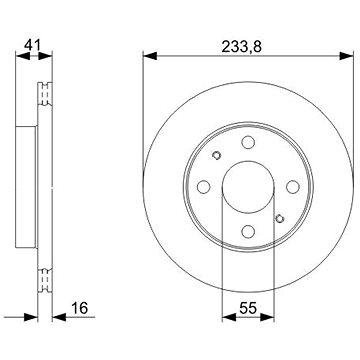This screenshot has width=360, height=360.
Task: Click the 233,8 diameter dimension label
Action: (242, 47)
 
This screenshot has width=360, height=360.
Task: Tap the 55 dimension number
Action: (248, 308)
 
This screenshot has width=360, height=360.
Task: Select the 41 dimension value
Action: (33, 45)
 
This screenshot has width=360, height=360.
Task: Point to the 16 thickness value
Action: (79, 308)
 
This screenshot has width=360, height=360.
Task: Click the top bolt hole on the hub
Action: (248, 142)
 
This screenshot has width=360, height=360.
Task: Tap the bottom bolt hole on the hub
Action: (248, 231)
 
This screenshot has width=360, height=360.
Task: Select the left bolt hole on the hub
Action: (203, 187)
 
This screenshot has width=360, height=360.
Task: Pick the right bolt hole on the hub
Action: (293, 187)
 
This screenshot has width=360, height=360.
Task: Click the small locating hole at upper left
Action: (216, 155)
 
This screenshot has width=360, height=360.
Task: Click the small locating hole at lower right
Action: (280, 218)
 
